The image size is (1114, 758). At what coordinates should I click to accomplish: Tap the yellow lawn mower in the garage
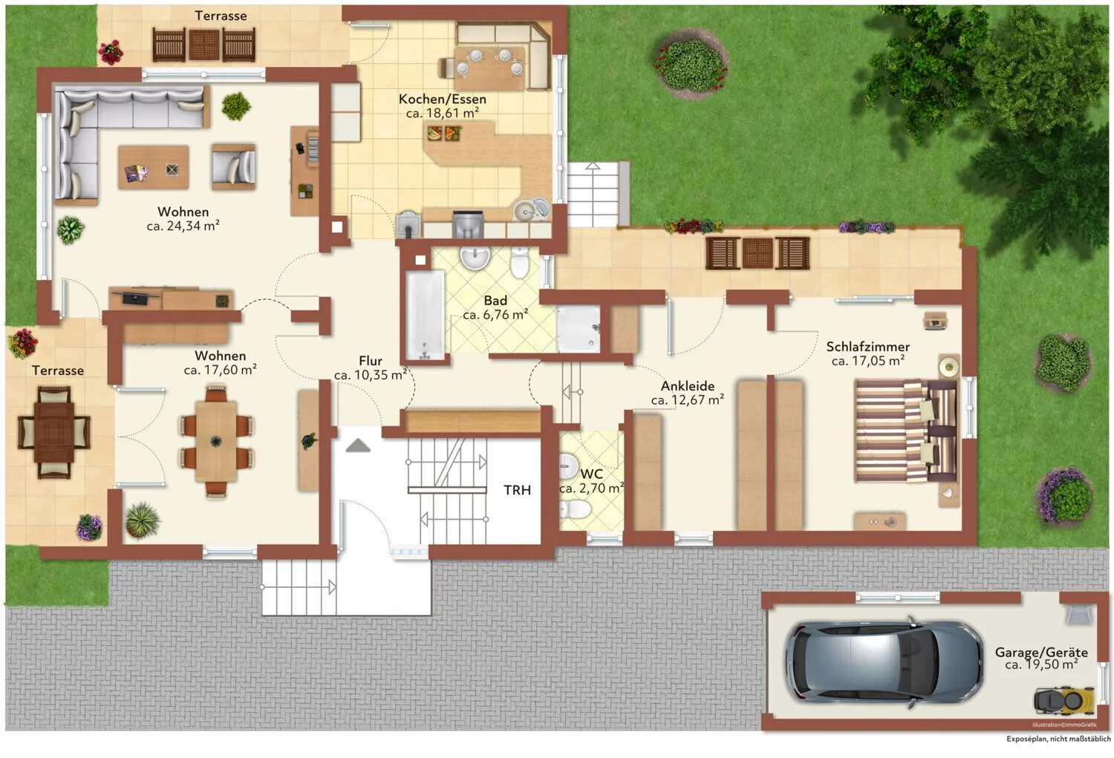coord(1063,702)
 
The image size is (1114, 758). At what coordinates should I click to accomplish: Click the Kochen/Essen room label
coord(442,99)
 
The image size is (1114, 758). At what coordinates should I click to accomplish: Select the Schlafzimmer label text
coord(868,347)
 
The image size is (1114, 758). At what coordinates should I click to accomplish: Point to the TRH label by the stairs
coord(517,490)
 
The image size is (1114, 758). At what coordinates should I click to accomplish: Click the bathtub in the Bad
coord(426,315)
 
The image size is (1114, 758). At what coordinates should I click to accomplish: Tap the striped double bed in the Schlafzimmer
coord(906,431)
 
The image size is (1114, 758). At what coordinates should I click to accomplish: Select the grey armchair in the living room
coord(234,167)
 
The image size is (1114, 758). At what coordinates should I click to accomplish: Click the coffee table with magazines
coord(154,167)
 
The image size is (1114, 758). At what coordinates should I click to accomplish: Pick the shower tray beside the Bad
coord(579,329)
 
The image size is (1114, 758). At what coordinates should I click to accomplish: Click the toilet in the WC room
coord(575,509)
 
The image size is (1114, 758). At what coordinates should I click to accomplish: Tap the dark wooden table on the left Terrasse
coord(54,432)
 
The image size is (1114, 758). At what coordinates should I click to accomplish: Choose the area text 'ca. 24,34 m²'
coord(183,226)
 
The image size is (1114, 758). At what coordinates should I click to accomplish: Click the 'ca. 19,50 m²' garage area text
coord(1041,664)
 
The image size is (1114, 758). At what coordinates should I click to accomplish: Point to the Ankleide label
coord(687,386)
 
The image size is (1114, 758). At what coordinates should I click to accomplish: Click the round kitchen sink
coord(524,212)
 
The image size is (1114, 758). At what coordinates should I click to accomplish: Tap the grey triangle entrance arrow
coord(358,446)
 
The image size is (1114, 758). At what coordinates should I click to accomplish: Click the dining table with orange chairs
coord(216,442)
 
